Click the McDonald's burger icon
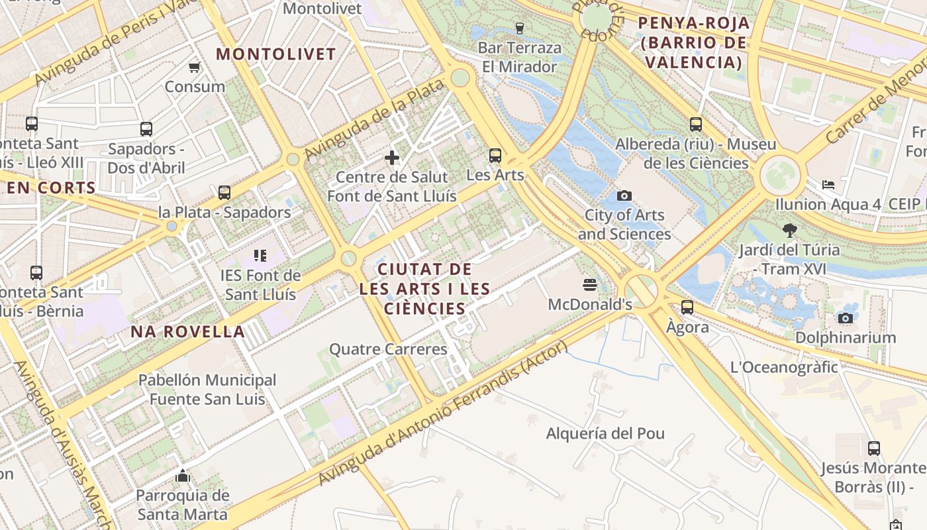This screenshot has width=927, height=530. tap(590, 285)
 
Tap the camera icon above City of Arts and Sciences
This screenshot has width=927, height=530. tap(624, 195)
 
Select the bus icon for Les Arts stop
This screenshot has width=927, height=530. tap(495, 156)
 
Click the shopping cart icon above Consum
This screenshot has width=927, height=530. tap(195, 67)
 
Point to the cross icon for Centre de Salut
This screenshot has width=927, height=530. tap(392, 157)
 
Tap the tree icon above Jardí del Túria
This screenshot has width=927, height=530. tap(789, 231)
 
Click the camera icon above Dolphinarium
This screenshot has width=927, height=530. tap(845, 318)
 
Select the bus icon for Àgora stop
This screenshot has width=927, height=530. tap(687, 307)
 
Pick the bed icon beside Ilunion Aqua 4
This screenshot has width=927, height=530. tap(828, 184)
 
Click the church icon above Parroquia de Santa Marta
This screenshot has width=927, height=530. tap(182, 476)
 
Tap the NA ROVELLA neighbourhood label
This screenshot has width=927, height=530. tap(188, 331)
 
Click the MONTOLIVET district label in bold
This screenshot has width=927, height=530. tap(276, 54)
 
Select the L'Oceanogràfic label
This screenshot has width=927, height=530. tap(784, 367)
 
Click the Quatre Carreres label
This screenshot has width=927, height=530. tap(388, 349)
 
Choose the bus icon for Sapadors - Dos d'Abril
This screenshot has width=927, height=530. tap(146, 129)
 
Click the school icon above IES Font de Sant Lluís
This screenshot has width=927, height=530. tap(260, 255)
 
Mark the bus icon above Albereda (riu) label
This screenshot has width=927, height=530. tap(696, 124)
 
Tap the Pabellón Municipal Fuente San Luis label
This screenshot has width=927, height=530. tap(207, 390)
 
